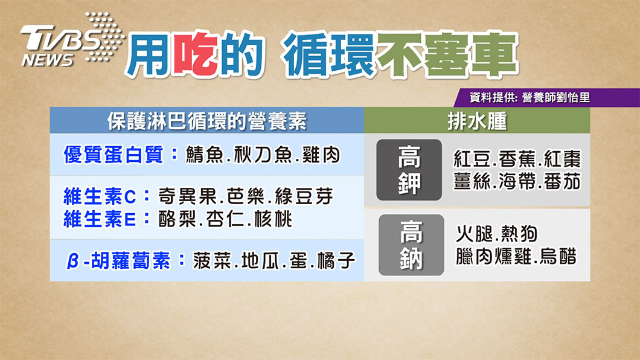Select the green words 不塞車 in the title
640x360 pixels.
click(x=447, y=54)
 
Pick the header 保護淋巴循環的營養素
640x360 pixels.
click(x=207, y=121)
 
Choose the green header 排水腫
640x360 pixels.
click(x=477, y=121)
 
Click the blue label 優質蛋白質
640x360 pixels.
click(x=114, y=155)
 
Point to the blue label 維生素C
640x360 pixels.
click(x=100, y=197)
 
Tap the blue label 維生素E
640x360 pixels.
click(x=100, y=219)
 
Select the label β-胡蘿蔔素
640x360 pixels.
click(x=118, y=260)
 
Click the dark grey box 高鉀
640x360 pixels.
click(x=409, y=170)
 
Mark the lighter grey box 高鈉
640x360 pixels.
click(x=411, y=245)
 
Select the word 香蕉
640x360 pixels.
click(x=517, y=159)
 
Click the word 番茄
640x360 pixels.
click(x=563, y=182)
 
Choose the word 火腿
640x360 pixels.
click(x=475, y=234)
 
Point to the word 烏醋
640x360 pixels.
click(x=558, y=256)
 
